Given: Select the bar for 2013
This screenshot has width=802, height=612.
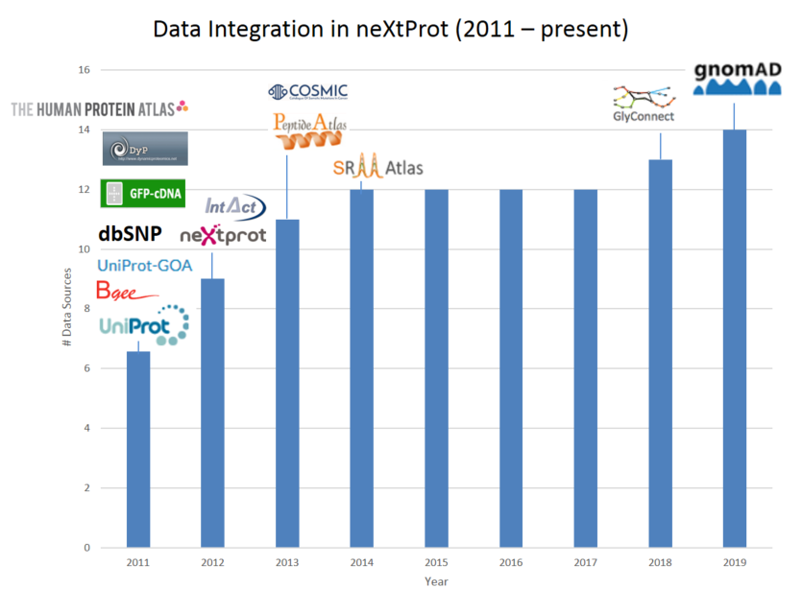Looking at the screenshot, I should (x=287, y=384).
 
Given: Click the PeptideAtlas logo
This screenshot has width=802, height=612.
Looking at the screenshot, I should (x=309, y=130).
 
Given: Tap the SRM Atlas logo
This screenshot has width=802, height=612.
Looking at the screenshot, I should (x=377, y=167).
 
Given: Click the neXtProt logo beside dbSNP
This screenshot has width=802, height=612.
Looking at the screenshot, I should (x=223, y=234).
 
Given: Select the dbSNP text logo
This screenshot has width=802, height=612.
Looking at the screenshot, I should (x=130, y=234).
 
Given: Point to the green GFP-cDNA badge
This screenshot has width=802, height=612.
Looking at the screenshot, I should (x=143, y=193).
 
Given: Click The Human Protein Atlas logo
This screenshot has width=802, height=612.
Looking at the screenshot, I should (x=99, y=108).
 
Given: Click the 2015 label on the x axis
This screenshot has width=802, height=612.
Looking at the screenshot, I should (x=436, y=561).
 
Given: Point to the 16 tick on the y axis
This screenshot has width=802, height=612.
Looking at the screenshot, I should (x=84, y=70).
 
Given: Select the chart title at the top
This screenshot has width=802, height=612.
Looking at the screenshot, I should (x=391, y=30).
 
